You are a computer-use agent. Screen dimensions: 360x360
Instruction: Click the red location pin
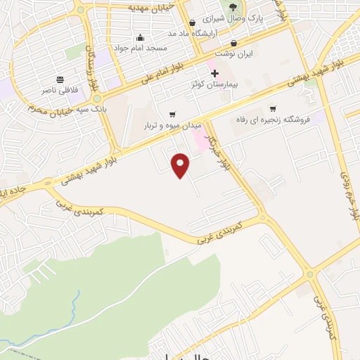[181, 165]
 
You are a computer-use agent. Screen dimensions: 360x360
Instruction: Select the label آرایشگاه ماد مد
[189, 33]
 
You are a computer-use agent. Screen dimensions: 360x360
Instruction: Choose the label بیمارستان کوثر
[216, 84]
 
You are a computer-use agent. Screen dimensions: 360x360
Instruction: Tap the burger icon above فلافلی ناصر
[60, 80]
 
